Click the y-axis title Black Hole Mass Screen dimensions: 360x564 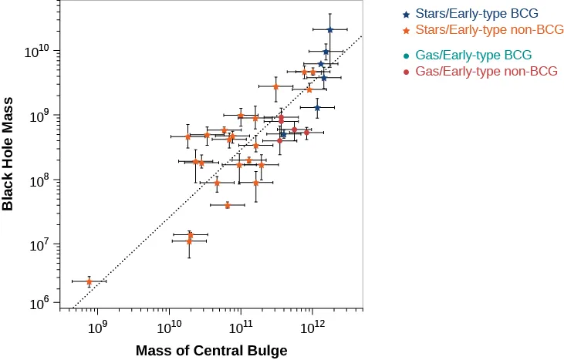pos(8,154)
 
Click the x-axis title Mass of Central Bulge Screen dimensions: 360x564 pos(211,351)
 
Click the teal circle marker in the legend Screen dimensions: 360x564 pos(406,56)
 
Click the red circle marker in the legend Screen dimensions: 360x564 pos(406,72)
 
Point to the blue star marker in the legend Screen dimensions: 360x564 pos(406,15)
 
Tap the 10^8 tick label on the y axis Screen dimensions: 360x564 pos(39,180)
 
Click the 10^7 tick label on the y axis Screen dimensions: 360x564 pos(39,245)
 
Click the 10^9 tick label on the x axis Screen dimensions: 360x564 pos(97,327)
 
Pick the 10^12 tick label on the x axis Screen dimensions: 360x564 pos(312,327)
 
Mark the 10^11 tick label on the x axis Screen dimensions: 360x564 pos(241,327)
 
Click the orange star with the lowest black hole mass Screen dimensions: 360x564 pos(89,281)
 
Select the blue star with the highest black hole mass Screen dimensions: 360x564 pos(329,30)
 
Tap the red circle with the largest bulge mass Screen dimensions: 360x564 pos(306,133)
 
